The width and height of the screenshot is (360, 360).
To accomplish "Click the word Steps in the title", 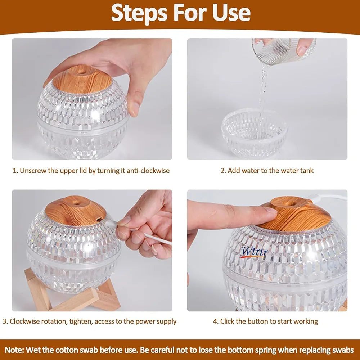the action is coord(139,13).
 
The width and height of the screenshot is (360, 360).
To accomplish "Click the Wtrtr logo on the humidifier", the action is coord(254,252).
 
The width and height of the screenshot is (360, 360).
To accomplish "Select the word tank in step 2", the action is coord(306,171).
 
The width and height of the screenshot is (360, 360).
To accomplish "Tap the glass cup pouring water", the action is coord(284,51).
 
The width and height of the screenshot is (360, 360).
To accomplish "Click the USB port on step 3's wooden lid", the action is coord(99,219).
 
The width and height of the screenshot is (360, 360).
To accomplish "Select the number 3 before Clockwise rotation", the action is coord(4,321).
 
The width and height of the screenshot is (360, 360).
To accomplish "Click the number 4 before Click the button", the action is coord(215,321).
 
